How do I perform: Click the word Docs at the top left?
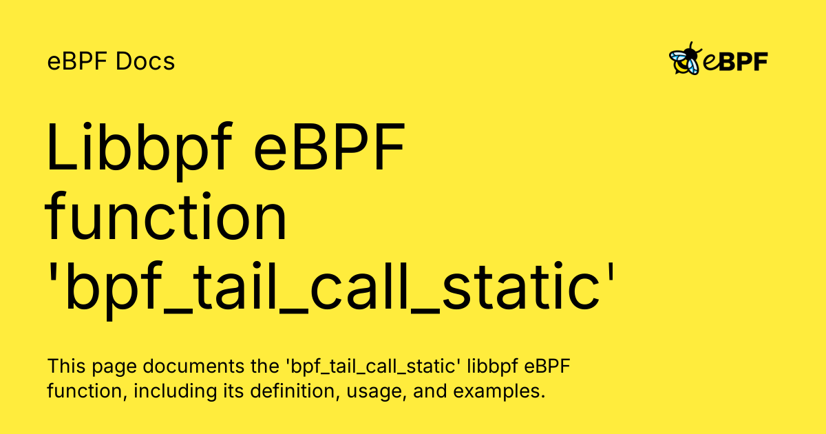click(x=146, y=62)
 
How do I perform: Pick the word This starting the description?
click(x=64, y=366)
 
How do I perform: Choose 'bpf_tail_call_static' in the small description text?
click(x=354, y=366)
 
